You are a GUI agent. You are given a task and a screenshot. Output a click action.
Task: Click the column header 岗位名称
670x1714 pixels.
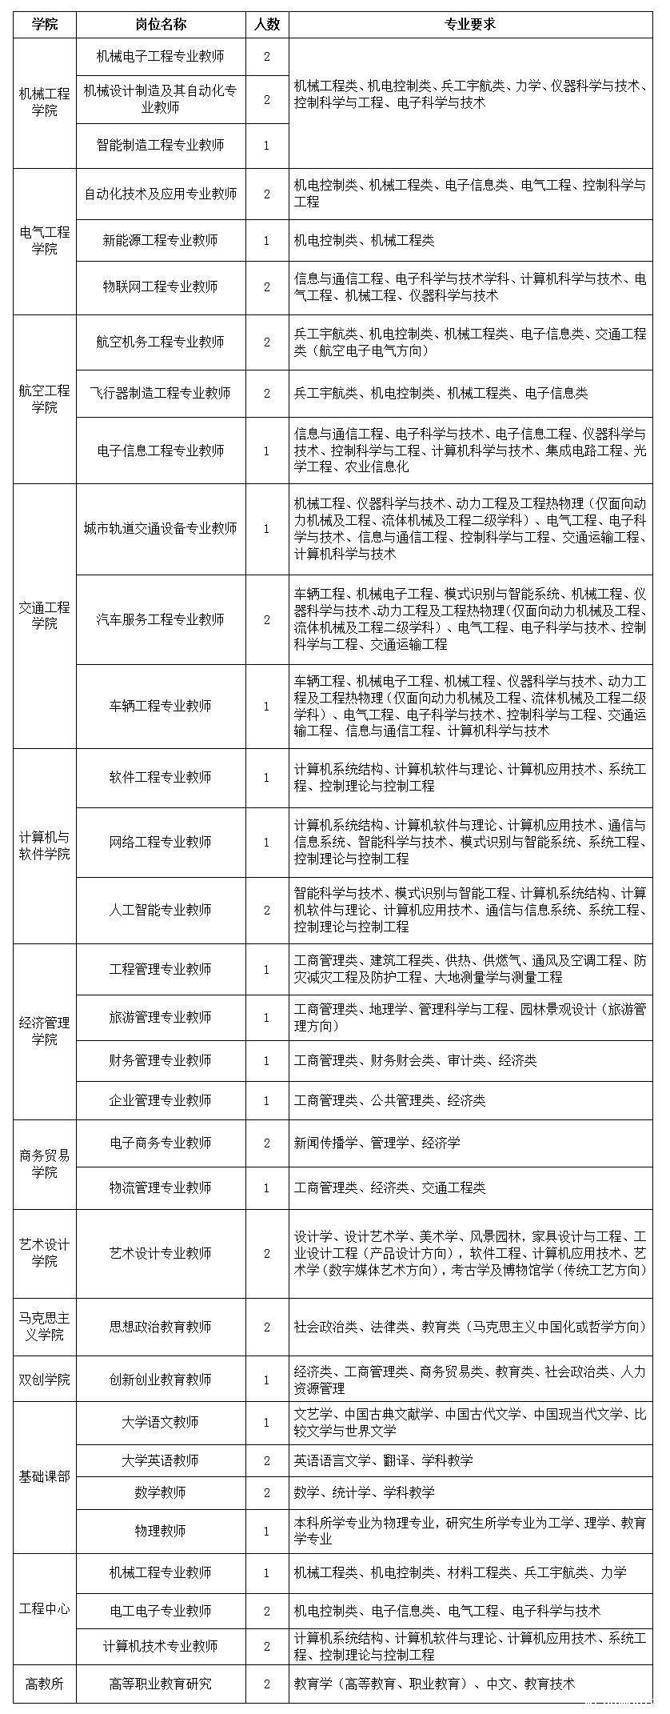point(161,24)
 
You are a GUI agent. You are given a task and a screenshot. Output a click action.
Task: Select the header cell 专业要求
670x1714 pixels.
point(470,24)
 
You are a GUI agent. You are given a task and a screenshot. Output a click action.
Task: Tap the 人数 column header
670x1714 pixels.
point(267,24)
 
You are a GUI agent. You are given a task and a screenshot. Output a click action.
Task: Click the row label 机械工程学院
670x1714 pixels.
point(45,103)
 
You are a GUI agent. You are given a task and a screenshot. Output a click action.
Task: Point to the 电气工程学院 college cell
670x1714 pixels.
point(45,241)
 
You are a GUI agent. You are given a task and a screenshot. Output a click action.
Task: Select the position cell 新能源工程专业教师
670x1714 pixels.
point(161,240)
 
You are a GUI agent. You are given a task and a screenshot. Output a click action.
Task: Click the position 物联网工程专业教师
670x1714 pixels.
point(161,286)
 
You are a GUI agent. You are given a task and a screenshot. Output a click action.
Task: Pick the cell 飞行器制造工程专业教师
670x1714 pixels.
point(161,393)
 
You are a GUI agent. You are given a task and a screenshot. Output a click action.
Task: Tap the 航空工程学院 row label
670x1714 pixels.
point(45,398)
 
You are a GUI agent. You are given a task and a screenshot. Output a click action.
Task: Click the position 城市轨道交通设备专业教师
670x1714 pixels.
point(161,528)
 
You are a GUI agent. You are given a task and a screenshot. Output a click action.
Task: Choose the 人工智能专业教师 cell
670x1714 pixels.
point(161,910)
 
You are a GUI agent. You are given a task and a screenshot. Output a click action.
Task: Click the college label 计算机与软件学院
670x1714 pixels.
point(45,846)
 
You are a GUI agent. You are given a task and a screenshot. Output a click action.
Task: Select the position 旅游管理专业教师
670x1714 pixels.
point(161,1017)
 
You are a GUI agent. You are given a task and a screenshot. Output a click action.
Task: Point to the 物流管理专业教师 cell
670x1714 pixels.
point(161,1187)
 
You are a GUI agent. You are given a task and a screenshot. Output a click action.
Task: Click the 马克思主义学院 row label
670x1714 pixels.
point(45,1326)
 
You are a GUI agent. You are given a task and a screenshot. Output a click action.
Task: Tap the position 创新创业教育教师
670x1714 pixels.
point(161,1380)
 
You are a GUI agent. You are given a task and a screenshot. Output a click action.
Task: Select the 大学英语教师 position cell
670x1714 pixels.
point(161,1460)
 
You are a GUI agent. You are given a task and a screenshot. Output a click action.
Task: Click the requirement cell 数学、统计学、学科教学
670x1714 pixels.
point(365,1492)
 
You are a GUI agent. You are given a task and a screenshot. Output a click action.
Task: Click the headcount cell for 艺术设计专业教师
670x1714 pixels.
point(267,1253)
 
